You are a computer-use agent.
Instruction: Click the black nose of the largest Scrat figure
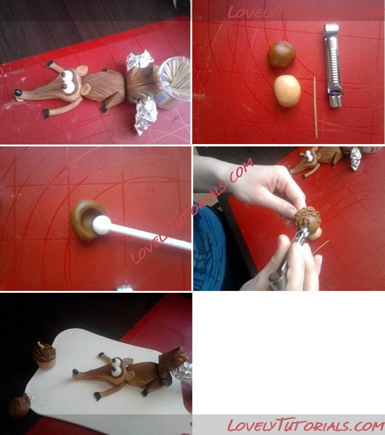point(18,93)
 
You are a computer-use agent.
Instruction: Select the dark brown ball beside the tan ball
point(281,54)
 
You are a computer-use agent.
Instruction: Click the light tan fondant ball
point(287,91)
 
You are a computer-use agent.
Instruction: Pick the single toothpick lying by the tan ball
point(315,107)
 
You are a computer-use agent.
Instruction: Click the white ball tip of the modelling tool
point(101,225)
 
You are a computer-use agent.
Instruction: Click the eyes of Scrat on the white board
point(116,367)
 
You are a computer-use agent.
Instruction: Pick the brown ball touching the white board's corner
point(19,405)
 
